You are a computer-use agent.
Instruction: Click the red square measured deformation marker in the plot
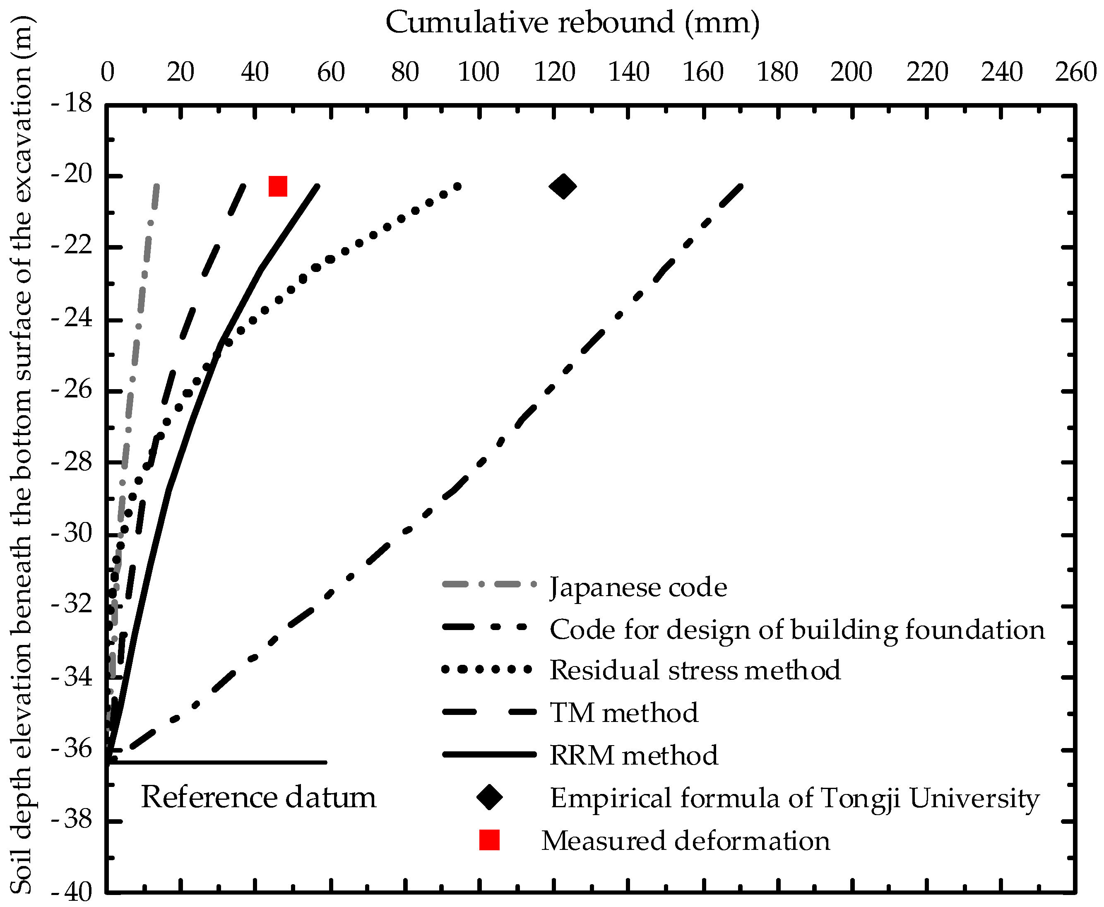[277, 186]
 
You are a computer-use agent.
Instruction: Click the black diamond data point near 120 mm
[563, 186]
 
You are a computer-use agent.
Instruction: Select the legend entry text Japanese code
[638, 587]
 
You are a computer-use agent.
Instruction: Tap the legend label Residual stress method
[695, 670]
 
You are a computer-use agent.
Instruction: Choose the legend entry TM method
[624, 713]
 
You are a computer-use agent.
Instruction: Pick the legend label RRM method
[634, 755]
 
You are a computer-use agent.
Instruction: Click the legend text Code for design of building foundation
[797, 629]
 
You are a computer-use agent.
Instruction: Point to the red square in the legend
[490, 840]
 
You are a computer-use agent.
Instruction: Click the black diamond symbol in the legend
[490, 797]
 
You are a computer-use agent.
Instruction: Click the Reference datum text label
[259, 798]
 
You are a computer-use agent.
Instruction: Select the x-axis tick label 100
[479, 72]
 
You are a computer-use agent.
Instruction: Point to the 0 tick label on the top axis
[107, 72]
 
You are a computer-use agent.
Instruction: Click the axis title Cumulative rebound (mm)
[572, 23]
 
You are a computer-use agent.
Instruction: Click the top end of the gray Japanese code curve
[156, 185]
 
